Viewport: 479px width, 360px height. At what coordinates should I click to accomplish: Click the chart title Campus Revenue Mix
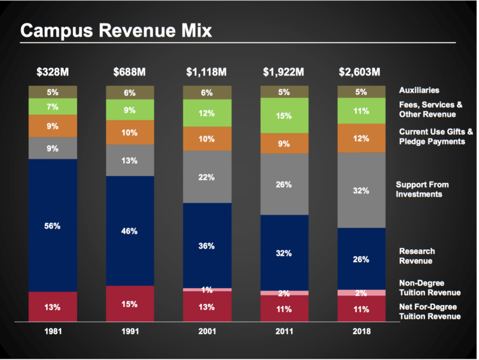(x=116, y=31)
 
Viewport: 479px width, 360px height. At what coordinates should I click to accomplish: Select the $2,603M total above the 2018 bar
(x=360, y=73)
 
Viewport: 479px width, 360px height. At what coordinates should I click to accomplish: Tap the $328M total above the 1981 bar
(x=53, y=73)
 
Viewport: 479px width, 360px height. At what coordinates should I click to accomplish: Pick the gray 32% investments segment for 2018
(x=362, y=190)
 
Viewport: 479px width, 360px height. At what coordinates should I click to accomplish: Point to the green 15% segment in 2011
(x=284, y=115)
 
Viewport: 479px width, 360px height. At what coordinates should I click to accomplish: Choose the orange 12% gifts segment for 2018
(x=362, y=138)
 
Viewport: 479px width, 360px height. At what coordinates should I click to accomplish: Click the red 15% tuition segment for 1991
(x=130, y=304)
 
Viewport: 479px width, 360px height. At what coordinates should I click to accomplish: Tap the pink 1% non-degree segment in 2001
(x=207, y=290)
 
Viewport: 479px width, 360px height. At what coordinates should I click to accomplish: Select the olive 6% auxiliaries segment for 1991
(x=130, y=92)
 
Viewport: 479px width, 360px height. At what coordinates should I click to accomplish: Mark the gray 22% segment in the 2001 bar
(x=207, y=177)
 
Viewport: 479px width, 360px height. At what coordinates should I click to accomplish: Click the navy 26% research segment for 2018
(x=362, y=259)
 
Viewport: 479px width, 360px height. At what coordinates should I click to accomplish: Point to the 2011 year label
(x=284, y=331)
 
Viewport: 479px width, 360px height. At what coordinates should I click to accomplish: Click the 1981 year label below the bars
(x=53, y=331)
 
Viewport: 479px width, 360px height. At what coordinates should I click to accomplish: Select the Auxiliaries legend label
(x=419, y=90)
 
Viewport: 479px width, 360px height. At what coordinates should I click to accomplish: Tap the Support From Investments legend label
(x=423, y=189)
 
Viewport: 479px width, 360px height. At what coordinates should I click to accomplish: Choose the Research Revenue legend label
(x=417, y=256)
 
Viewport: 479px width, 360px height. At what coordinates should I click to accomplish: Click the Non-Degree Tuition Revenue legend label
(x=429, y=288)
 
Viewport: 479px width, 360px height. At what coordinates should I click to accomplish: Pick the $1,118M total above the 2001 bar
(x=207, y=73)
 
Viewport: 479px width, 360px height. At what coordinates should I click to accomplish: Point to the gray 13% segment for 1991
(x=130, y=160)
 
